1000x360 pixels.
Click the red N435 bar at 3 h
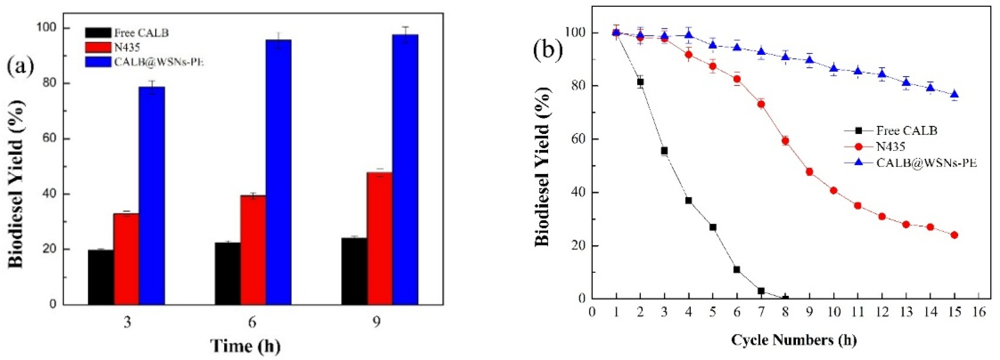(126, 259)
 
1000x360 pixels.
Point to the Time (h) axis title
(245, 345)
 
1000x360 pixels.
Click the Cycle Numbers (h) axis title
(788, 340)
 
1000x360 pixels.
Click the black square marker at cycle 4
(689, 200)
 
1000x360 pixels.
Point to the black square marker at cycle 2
(640, 82)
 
